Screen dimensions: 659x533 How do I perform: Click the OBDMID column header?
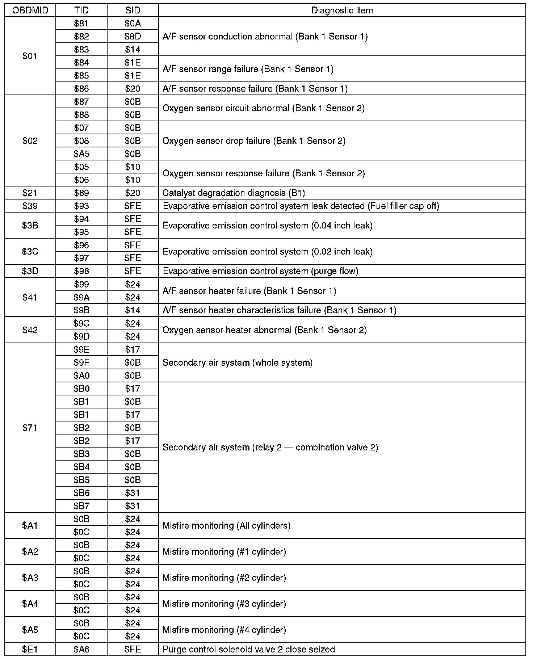[x=30, y=11]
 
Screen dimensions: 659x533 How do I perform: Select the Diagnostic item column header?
[x=342, y=11]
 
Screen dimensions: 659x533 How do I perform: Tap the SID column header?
[x=133, y=11]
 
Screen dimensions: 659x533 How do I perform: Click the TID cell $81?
[x=81, y=24]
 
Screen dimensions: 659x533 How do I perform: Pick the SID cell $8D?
[x=133, y=37]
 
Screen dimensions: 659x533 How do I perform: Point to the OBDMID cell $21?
[x=30, y=193]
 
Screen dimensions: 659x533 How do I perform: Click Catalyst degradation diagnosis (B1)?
[x=234, y=193]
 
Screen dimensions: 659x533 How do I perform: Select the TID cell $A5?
[x=81, y=154]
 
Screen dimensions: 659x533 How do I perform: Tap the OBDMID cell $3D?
[x=30, y=271]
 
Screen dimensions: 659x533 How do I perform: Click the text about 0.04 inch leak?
[x=267, y=226]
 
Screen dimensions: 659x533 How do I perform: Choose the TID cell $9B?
[x=81, y=310]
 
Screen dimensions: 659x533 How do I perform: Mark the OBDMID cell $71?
[x=30, y=428]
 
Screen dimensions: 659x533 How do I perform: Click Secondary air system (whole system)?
[x=237, y=362]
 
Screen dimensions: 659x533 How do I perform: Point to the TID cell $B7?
[x=81, y=506]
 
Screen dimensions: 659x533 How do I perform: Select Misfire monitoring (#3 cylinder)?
[x=224, y=604]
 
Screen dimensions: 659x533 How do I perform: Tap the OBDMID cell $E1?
[x=30, y=649]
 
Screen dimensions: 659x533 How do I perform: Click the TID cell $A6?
[x=81, y=649]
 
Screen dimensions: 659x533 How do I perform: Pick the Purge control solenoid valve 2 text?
[x=248, y=649]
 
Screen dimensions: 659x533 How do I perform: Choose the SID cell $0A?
[x=133, y=24]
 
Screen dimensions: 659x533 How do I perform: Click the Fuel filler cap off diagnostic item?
[x=301, y=206]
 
